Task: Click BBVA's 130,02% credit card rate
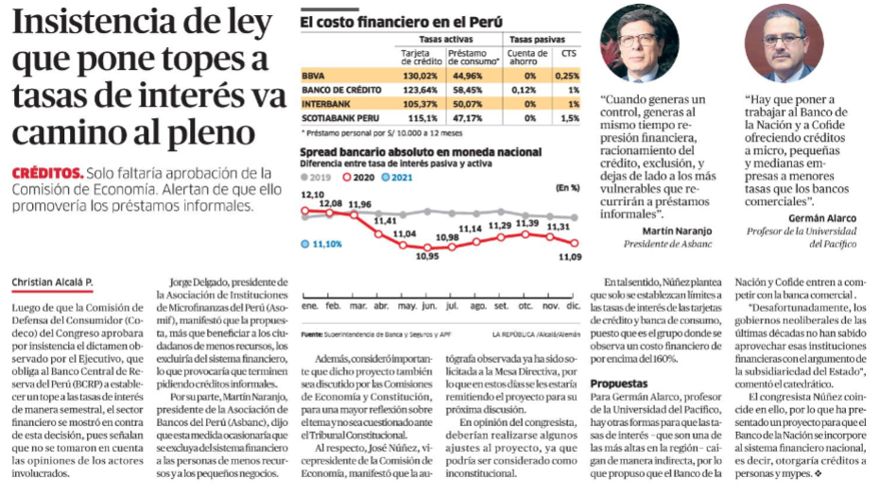(420, 76)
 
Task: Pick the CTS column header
(568, 53)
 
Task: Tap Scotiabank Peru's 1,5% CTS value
(570, 118)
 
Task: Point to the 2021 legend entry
(397, 178)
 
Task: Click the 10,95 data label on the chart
(427, 256)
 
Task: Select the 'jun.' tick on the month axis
(429, 306)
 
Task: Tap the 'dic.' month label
(574, 306)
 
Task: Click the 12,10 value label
(313, 195)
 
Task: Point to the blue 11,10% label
(321, 244)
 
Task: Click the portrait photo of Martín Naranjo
(639, 43)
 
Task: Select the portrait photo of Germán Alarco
(784, 43)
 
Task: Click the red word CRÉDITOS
(47, 173)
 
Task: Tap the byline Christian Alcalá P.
(52, 282)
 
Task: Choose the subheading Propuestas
(618, 384)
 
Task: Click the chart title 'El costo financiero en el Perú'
(402, 22)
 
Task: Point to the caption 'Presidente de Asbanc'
(667, 244)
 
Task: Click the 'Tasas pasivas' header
(537, 40)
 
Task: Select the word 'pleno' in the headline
(216, 134)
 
